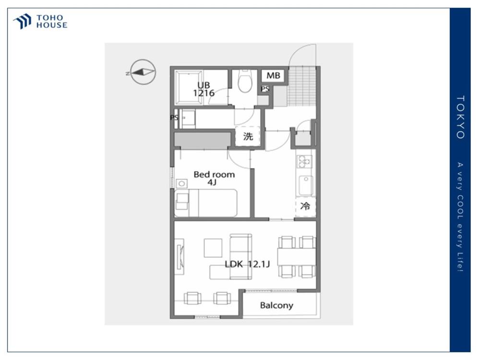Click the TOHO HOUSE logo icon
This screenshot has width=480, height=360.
(22, 21)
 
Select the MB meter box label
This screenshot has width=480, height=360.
(273, 75)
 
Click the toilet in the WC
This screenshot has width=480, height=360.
(245, 81)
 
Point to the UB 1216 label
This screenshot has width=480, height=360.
(204, 89)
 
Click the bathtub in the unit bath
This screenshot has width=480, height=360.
(188, 88)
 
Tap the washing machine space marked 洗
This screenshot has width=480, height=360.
(248, 136)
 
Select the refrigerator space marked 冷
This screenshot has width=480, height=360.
(305, 206)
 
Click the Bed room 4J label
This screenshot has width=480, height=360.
(214, 179)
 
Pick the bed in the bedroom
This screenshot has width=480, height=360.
(206, 203)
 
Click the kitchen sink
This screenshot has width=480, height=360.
(305, 185)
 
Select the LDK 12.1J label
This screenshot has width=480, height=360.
(247, 264)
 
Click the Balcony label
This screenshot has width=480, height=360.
(276, 305)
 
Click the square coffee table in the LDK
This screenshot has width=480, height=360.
(213, 248)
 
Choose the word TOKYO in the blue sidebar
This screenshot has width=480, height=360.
(460, 117)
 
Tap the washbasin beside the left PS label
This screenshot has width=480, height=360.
(188, 118)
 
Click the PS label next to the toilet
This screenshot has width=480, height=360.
(265, 89)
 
